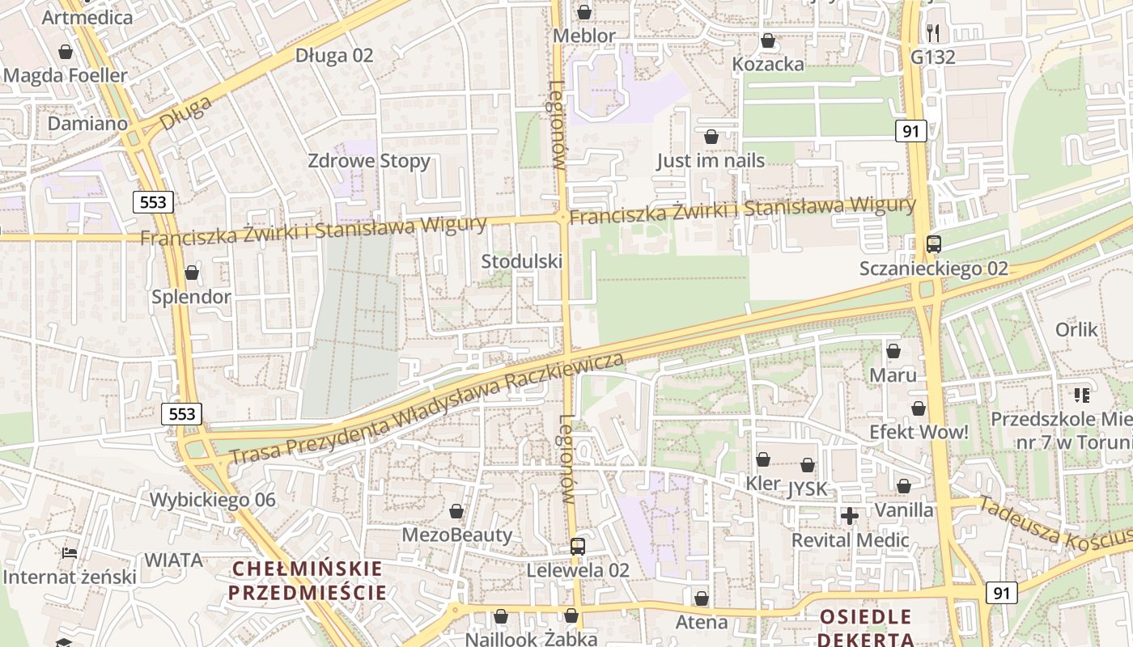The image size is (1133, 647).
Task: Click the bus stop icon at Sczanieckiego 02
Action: [x=933, y=243]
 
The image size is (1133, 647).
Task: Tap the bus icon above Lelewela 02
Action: [x=577, y=546]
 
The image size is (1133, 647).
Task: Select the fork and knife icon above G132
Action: [x=933, y=32]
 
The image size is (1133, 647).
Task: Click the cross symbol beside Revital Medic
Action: [x=849, y=515]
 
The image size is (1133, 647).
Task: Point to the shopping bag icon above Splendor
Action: [x=192, y=273]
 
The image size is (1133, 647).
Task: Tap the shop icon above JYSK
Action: [x=807, y=465]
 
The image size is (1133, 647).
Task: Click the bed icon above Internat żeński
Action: [x=70, y=553]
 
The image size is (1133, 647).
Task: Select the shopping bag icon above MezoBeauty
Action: [x=456, y=511]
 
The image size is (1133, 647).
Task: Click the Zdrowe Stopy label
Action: [x=369, y=161]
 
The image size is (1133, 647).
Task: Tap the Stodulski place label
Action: [x=521, y=261]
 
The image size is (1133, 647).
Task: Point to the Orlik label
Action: [x=1076, y=329]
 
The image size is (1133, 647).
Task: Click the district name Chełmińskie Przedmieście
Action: [x=307, y=581]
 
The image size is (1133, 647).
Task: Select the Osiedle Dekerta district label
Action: [x=866, y=628]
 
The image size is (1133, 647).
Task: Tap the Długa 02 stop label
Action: [x=334, y=55]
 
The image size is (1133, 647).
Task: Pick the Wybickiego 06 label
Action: [x=212, y=500]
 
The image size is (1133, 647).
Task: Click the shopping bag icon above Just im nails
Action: [x=711, y=137]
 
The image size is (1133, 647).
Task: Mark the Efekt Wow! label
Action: [x=919, y=432]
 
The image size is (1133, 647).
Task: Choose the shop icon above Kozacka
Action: [x=768, y=40]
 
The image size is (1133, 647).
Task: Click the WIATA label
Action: [x=173, y=560]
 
